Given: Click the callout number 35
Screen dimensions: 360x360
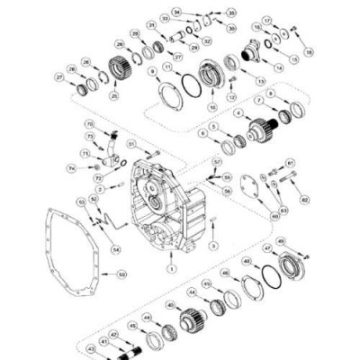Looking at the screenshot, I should [231, 13].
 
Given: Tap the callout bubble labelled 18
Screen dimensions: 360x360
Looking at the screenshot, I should [310, 53].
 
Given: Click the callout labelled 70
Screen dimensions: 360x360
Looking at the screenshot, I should [89, 123].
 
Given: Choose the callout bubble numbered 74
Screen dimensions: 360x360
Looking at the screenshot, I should [71, 168].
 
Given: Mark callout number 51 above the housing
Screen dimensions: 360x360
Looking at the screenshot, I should [131, 143].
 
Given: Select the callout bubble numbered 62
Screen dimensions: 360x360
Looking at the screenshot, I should [304, 199].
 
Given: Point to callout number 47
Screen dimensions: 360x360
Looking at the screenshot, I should [267, 247].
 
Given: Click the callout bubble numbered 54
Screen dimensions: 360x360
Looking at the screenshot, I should [115, 249].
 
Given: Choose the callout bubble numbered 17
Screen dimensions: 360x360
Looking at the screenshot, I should [267, 20].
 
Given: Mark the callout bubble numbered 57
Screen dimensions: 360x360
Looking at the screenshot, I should [217, 162].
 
